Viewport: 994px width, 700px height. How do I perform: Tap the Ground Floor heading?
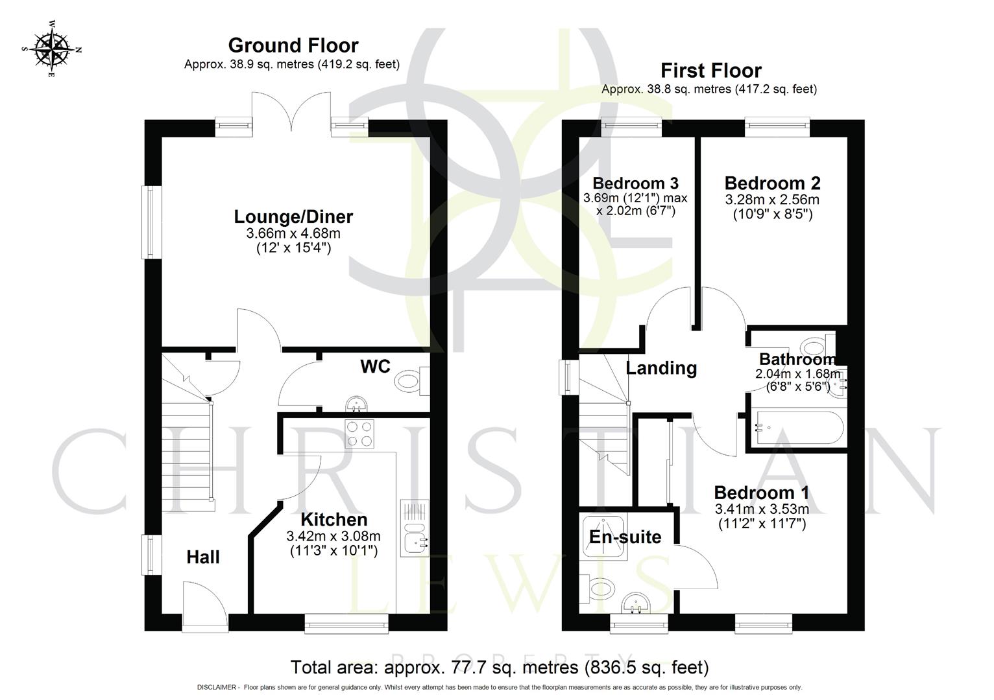[x=293, y=45]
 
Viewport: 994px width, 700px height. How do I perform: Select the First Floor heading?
[x=710, y=70]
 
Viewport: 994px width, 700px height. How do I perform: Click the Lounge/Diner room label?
[x=293, y=216]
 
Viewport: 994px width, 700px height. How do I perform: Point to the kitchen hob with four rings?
[x=359, y=434]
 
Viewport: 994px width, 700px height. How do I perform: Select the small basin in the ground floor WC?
[x=354, y=405]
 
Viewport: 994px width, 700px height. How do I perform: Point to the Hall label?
[x=203, y=557]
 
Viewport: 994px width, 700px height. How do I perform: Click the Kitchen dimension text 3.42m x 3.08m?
[x=333, y=536]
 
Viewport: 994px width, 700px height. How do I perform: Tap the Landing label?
[x=661, y=368]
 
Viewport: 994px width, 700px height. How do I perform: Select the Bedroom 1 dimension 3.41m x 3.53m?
[x=761, y=509]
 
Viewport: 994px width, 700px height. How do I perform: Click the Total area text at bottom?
[x=499, y=667]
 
